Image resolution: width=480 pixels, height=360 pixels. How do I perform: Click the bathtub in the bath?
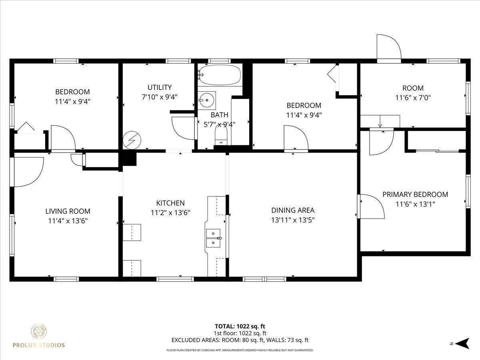[x=220, y=74]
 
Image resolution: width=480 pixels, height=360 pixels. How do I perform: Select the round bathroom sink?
[x=207, y=100]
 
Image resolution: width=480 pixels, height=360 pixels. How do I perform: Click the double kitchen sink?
[x=213, y=238]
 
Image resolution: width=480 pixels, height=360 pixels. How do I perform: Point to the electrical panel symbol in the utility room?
[x=132, y=140]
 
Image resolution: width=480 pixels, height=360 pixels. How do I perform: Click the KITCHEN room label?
[x=170, y=203]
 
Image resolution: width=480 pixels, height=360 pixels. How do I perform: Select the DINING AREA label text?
[x=293, y=210]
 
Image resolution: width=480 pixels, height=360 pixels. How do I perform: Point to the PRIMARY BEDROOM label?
[x=415, y=194]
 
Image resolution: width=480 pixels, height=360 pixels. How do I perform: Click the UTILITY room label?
[x=160, y=88]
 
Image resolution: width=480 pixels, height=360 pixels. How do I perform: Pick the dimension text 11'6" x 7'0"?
[x=413, y=98]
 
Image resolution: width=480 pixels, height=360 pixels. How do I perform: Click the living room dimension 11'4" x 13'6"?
[x=68, y=221]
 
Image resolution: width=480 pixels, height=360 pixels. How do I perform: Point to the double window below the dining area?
[x=264, y=279]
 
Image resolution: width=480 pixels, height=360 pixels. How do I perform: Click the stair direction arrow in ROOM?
[x=380, y=121]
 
